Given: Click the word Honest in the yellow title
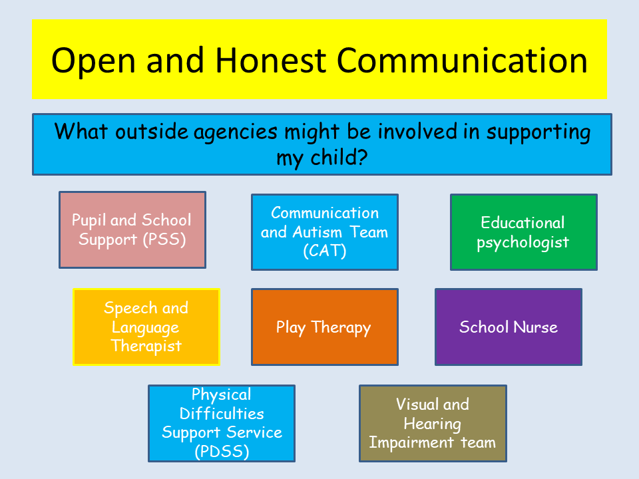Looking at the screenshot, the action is point(271,61).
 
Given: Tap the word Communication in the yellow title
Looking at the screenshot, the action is point(462,61).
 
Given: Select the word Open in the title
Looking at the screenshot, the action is point(93,62).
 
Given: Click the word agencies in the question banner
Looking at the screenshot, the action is point(236,133).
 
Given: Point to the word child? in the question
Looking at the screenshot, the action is point(339,157).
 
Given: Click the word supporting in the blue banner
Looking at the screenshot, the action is point(538,133).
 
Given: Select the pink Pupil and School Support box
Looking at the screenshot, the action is point(132,230).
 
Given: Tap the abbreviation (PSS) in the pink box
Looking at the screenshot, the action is point(164,239).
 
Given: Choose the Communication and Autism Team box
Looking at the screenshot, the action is point(325,232).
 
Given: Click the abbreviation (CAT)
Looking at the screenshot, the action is point(325,251).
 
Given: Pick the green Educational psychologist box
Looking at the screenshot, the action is point(524,232).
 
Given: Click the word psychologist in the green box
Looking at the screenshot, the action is point(523,243).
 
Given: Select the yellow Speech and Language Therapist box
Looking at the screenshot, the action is point(146,327).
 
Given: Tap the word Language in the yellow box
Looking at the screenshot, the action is point(146,327).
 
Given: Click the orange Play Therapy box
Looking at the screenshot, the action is point(325,327).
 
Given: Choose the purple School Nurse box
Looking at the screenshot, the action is point(509,327).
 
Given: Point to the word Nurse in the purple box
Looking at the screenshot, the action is point(535,327).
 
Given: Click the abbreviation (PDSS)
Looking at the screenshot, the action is point(222,451).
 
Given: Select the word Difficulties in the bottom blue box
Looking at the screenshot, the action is point(222,413).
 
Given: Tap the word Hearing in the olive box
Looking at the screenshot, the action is point(433,424).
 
